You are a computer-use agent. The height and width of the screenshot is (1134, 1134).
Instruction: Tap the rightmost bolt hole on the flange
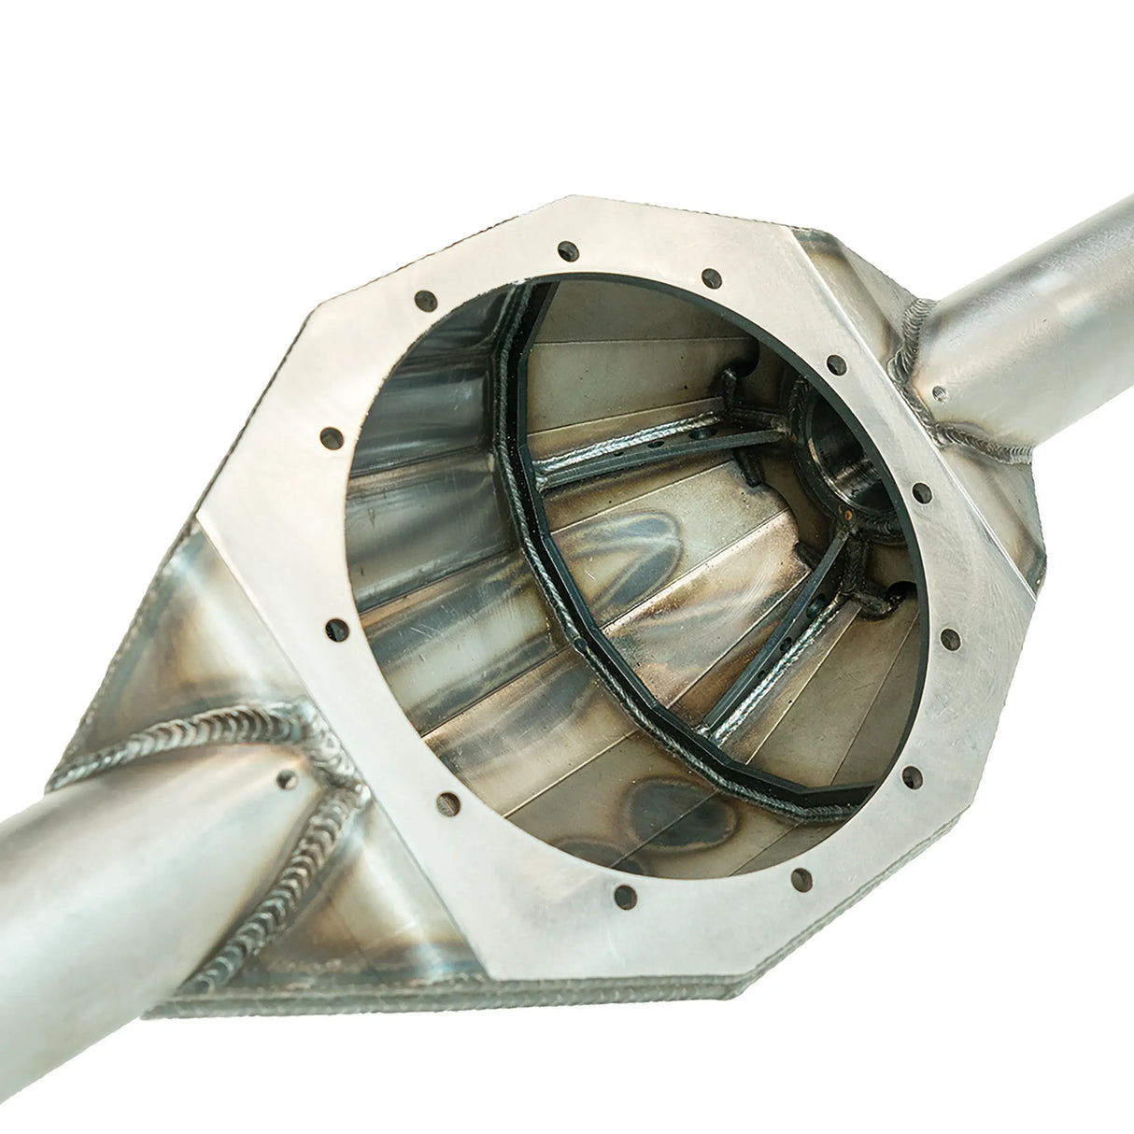tap(949, 638)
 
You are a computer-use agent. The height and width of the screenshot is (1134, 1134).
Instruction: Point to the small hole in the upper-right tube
tap(938, 393)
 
